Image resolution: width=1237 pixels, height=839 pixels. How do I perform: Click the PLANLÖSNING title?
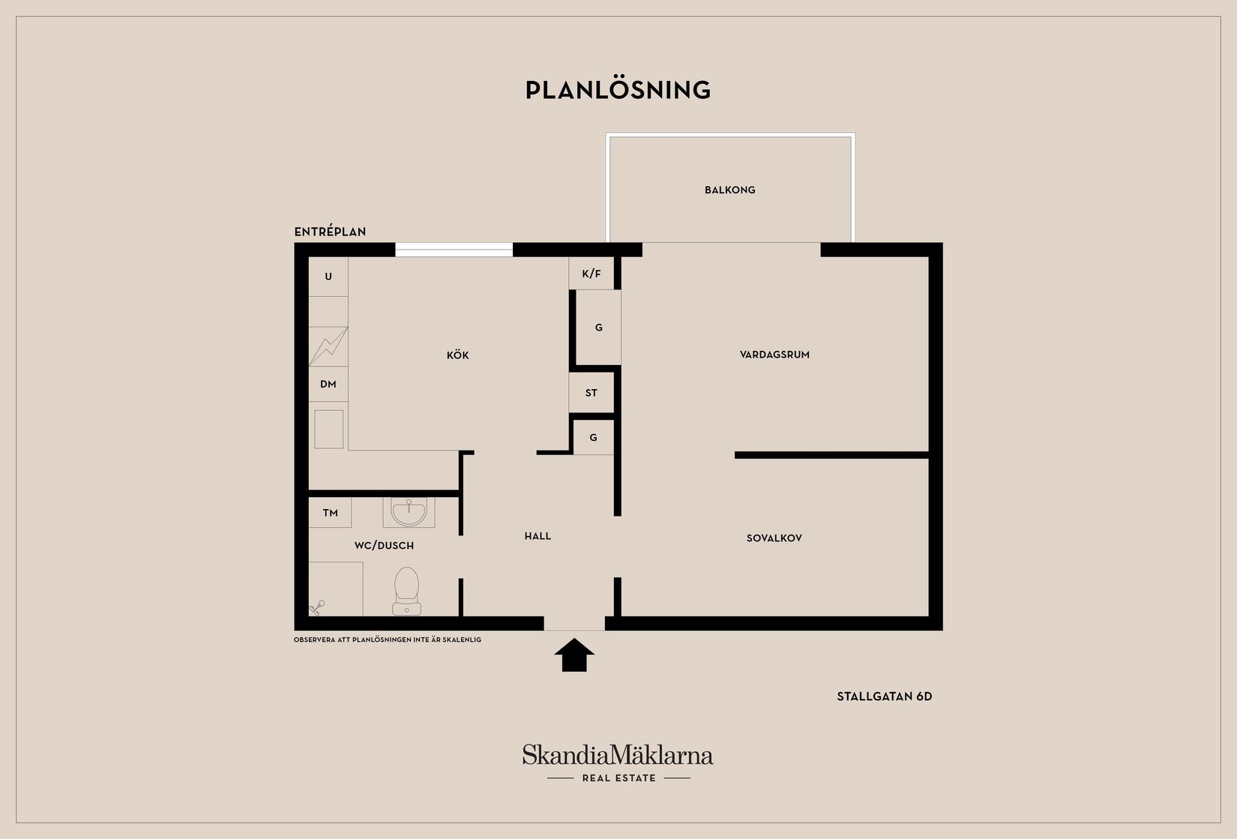618,89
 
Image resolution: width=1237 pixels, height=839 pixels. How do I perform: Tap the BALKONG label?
729,190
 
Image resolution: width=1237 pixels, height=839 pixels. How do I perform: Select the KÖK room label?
458,355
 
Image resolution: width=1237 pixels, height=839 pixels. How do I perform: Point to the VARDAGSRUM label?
774,355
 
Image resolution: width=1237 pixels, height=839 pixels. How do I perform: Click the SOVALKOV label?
774,538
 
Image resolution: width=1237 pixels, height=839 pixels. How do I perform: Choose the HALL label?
538,536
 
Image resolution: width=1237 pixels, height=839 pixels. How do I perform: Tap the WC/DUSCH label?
384,546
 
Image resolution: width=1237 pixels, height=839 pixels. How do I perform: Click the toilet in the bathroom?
406,592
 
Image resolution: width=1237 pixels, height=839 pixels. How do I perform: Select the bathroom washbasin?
409,512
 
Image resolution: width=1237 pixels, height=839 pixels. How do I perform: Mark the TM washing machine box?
330,513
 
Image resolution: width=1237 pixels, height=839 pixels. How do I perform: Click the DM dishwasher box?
328,384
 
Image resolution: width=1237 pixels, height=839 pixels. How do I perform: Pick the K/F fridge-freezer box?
591,274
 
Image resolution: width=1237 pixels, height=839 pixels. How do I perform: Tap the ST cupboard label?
591,394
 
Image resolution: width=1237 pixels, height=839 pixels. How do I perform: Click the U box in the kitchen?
328,277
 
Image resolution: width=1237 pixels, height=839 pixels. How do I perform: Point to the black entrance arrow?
574,655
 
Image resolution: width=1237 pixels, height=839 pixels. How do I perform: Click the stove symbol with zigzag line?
328,346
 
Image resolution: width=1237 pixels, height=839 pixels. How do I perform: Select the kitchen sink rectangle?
328,429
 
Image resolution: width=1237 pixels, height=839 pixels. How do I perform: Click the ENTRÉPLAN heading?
330,232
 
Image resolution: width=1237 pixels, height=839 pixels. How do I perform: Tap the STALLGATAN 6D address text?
884,697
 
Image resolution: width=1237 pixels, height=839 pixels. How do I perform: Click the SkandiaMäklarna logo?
618,763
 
